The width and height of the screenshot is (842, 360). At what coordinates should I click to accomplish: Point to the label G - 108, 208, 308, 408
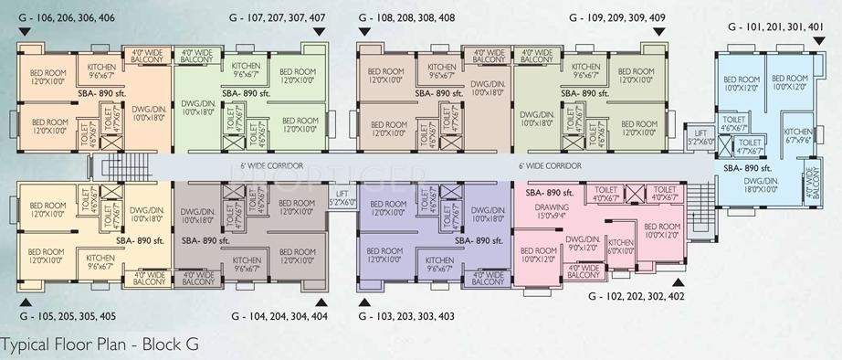tap(406, 17)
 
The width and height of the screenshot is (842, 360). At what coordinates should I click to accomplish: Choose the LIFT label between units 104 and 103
tap(342, 198)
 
